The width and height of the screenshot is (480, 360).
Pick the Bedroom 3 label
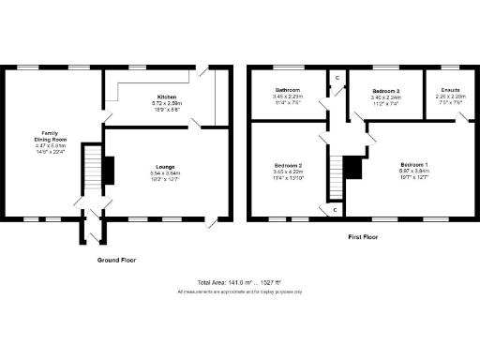tap(386, 92)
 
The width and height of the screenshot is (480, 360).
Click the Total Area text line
tap(239, 282)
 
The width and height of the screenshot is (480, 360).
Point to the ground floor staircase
tap(93, 169)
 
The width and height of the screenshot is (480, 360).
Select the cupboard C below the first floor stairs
tap(336, 210)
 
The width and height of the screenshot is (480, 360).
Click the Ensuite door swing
tap(461, 116)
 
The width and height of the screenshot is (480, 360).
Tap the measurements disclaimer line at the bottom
tap(239, 292)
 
